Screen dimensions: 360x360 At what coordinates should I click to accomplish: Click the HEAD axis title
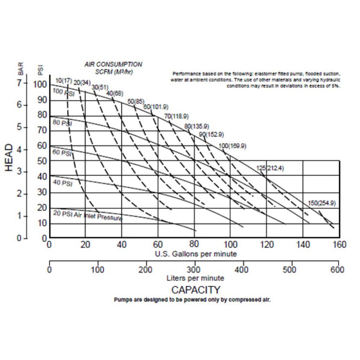tap(9, 158)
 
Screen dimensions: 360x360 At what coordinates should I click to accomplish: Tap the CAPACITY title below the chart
tap(195, 289)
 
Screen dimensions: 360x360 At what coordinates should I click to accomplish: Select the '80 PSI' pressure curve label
tap(62, 123)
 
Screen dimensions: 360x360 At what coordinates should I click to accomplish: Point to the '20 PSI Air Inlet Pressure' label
tap(88, 216)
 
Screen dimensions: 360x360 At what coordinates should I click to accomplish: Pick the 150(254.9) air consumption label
tap(321, 203)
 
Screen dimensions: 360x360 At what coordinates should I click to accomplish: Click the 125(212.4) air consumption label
tap(270, 168)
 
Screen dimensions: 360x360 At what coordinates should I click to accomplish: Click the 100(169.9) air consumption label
tap(232, 146)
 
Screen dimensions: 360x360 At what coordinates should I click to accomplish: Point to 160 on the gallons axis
tap(339, 245)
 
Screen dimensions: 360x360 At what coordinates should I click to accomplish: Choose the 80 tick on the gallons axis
tap(194, 245)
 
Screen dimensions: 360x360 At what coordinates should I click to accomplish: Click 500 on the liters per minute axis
tap(290, 270)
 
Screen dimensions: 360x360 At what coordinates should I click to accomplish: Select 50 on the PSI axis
tap(42, 161)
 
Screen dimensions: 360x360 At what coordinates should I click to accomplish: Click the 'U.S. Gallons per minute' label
tap(196, 254)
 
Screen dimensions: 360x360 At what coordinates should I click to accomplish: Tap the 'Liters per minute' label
tap(195, 278)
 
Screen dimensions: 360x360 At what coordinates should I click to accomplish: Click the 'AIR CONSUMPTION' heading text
tap(113, 64)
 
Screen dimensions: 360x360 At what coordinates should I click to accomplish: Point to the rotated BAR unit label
tap(21, 68)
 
